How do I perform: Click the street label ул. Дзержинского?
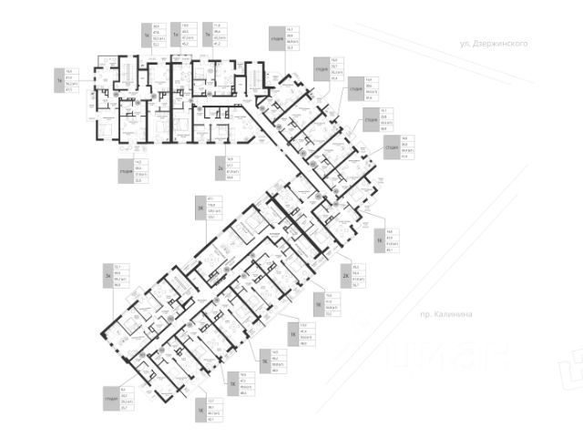(x=495, y=43)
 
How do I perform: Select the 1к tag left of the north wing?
(x=58, y=79)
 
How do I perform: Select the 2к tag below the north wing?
(x=220, y=169)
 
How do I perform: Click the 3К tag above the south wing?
(x=199, y=208)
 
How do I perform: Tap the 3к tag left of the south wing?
(x=108, y=274)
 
